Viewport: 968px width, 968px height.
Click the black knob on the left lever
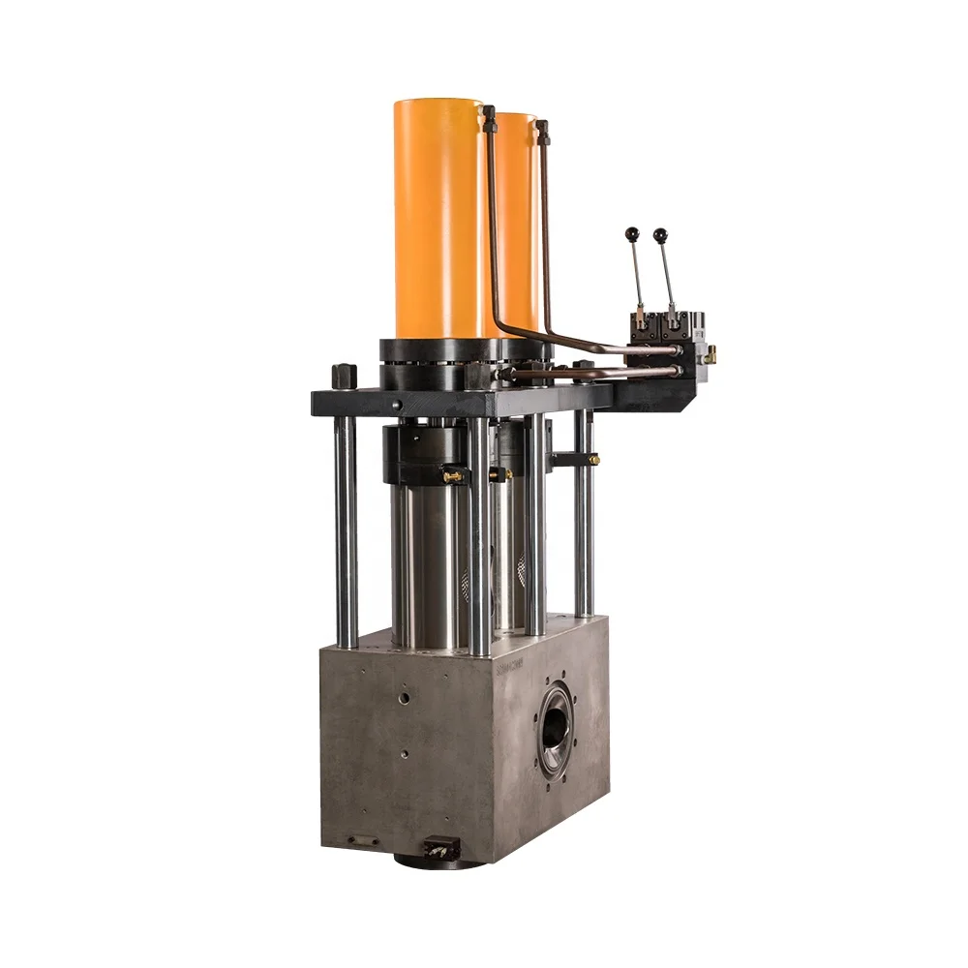point(632,233)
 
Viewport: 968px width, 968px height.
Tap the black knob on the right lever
point(659,234)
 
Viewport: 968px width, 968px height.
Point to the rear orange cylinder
point(518,223)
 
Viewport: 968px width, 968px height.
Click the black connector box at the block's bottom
point(441,849)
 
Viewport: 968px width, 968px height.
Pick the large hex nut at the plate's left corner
point(344,374)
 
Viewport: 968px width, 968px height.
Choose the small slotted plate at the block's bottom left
point(365,840)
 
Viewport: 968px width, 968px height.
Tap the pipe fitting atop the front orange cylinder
point(488,114)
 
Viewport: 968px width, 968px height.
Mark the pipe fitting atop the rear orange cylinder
point(542,127)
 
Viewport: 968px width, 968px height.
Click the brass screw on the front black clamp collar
point(450,476)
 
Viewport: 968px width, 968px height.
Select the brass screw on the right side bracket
point(591,458)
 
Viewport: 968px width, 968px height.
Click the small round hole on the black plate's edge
point(396,405)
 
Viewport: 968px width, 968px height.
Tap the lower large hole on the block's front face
point(405,754)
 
